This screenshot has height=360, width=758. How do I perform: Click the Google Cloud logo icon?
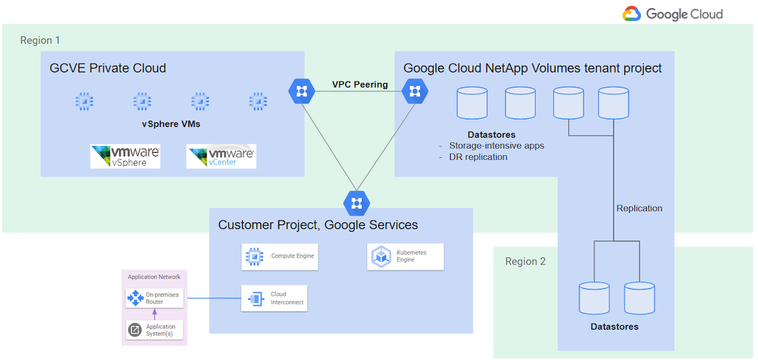632,14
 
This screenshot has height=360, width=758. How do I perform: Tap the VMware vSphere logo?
125,156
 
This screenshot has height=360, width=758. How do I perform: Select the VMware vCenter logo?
221,156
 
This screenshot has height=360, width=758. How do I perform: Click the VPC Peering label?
359,84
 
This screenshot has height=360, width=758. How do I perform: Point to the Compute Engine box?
280,256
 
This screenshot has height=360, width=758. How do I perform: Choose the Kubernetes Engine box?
405,256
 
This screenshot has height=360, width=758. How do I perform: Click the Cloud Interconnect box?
273,299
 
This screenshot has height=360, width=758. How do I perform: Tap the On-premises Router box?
155,298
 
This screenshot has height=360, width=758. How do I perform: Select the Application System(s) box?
155,330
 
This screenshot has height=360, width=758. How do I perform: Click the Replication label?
639,208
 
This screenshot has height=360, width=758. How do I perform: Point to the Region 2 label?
525,261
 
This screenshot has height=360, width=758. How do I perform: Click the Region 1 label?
40,40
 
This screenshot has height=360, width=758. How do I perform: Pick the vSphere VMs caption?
170,124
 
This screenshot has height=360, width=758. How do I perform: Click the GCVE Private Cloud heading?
108,68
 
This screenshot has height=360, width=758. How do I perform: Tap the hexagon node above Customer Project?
357,202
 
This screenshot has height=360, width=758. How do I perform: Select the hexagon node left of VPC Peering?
301,91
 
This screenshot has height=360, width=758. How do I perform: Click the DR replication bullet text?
478,157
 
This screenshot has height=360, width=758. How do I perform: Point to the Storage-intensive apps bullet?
496,145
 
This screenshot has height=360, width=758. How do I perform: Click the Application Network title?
154,277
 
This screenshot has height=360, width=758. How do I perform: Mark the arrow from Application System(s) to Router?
155,315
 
